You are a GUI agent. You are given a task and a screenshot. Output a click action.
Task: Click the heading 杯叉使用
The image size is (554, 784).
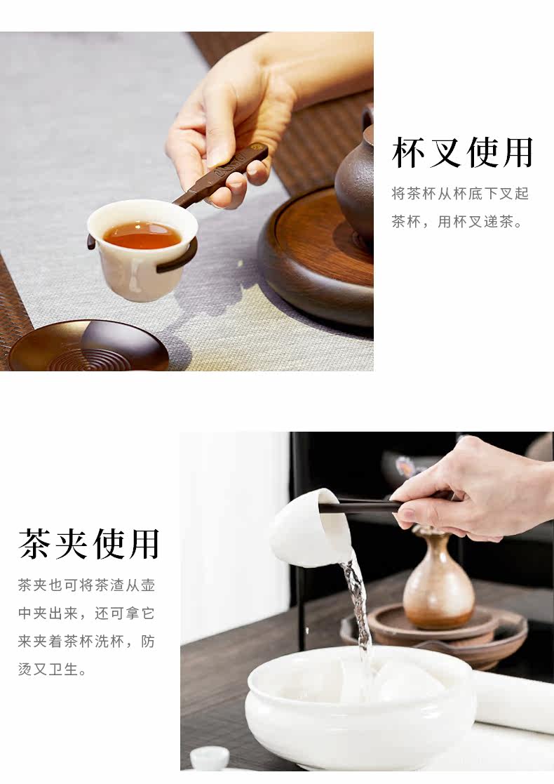click(x=463, y=152)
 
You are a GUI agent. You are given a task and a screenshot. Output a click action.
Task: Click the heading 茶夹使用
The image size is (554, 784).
click(x=89, y=544)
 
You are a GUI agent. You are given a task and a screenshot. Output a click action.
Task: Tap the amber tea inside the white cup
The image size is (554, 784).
click(x=142, y=235)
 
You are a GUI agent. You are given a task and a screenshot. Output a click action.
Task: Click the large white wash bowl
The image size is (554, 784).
click(x=360, y=710)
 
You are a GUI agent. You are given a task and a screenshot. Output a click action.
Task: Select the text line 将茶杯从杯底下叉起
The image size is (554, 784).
click(x=460, y=194)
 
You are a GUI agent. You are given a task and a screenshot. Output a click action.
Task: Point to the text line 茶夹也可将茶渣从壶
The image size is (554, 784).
click(x=86, y=585)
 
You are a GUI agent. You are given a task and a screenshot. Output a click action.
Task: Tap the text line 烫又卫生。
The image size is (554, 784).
click(x=53, y=669)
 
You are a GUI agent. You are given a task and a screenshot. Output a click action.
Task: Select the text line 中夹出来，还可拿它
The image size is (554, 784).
click(x=86, y=613)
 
